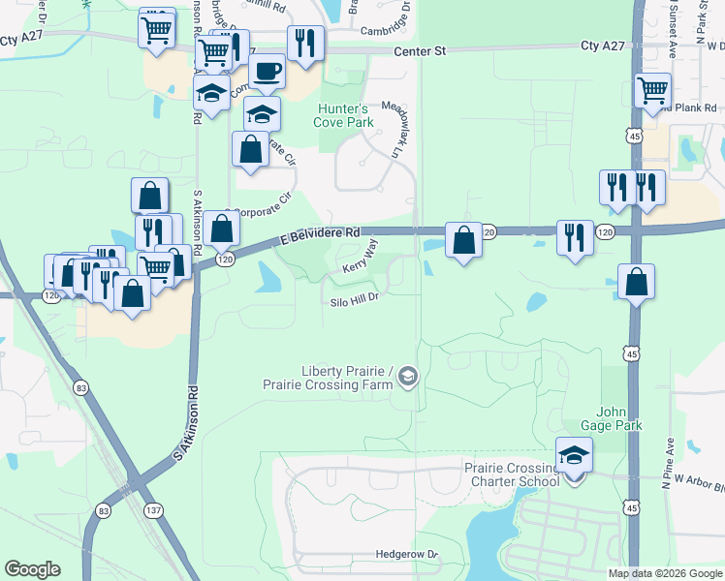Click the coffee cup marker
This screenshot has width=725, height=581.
267,71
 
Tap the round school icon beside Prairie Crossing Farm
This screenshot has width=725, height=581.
408,377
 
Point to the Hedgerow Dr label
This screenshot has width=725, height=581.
407,555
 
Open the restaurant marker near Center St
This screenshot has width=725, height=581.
305,43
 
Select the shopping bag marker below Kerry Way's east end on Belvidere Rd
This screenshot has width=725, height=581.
464,239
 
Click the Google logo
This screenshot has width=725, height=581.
32,569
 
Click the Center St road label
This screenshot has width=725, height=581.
420,52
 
